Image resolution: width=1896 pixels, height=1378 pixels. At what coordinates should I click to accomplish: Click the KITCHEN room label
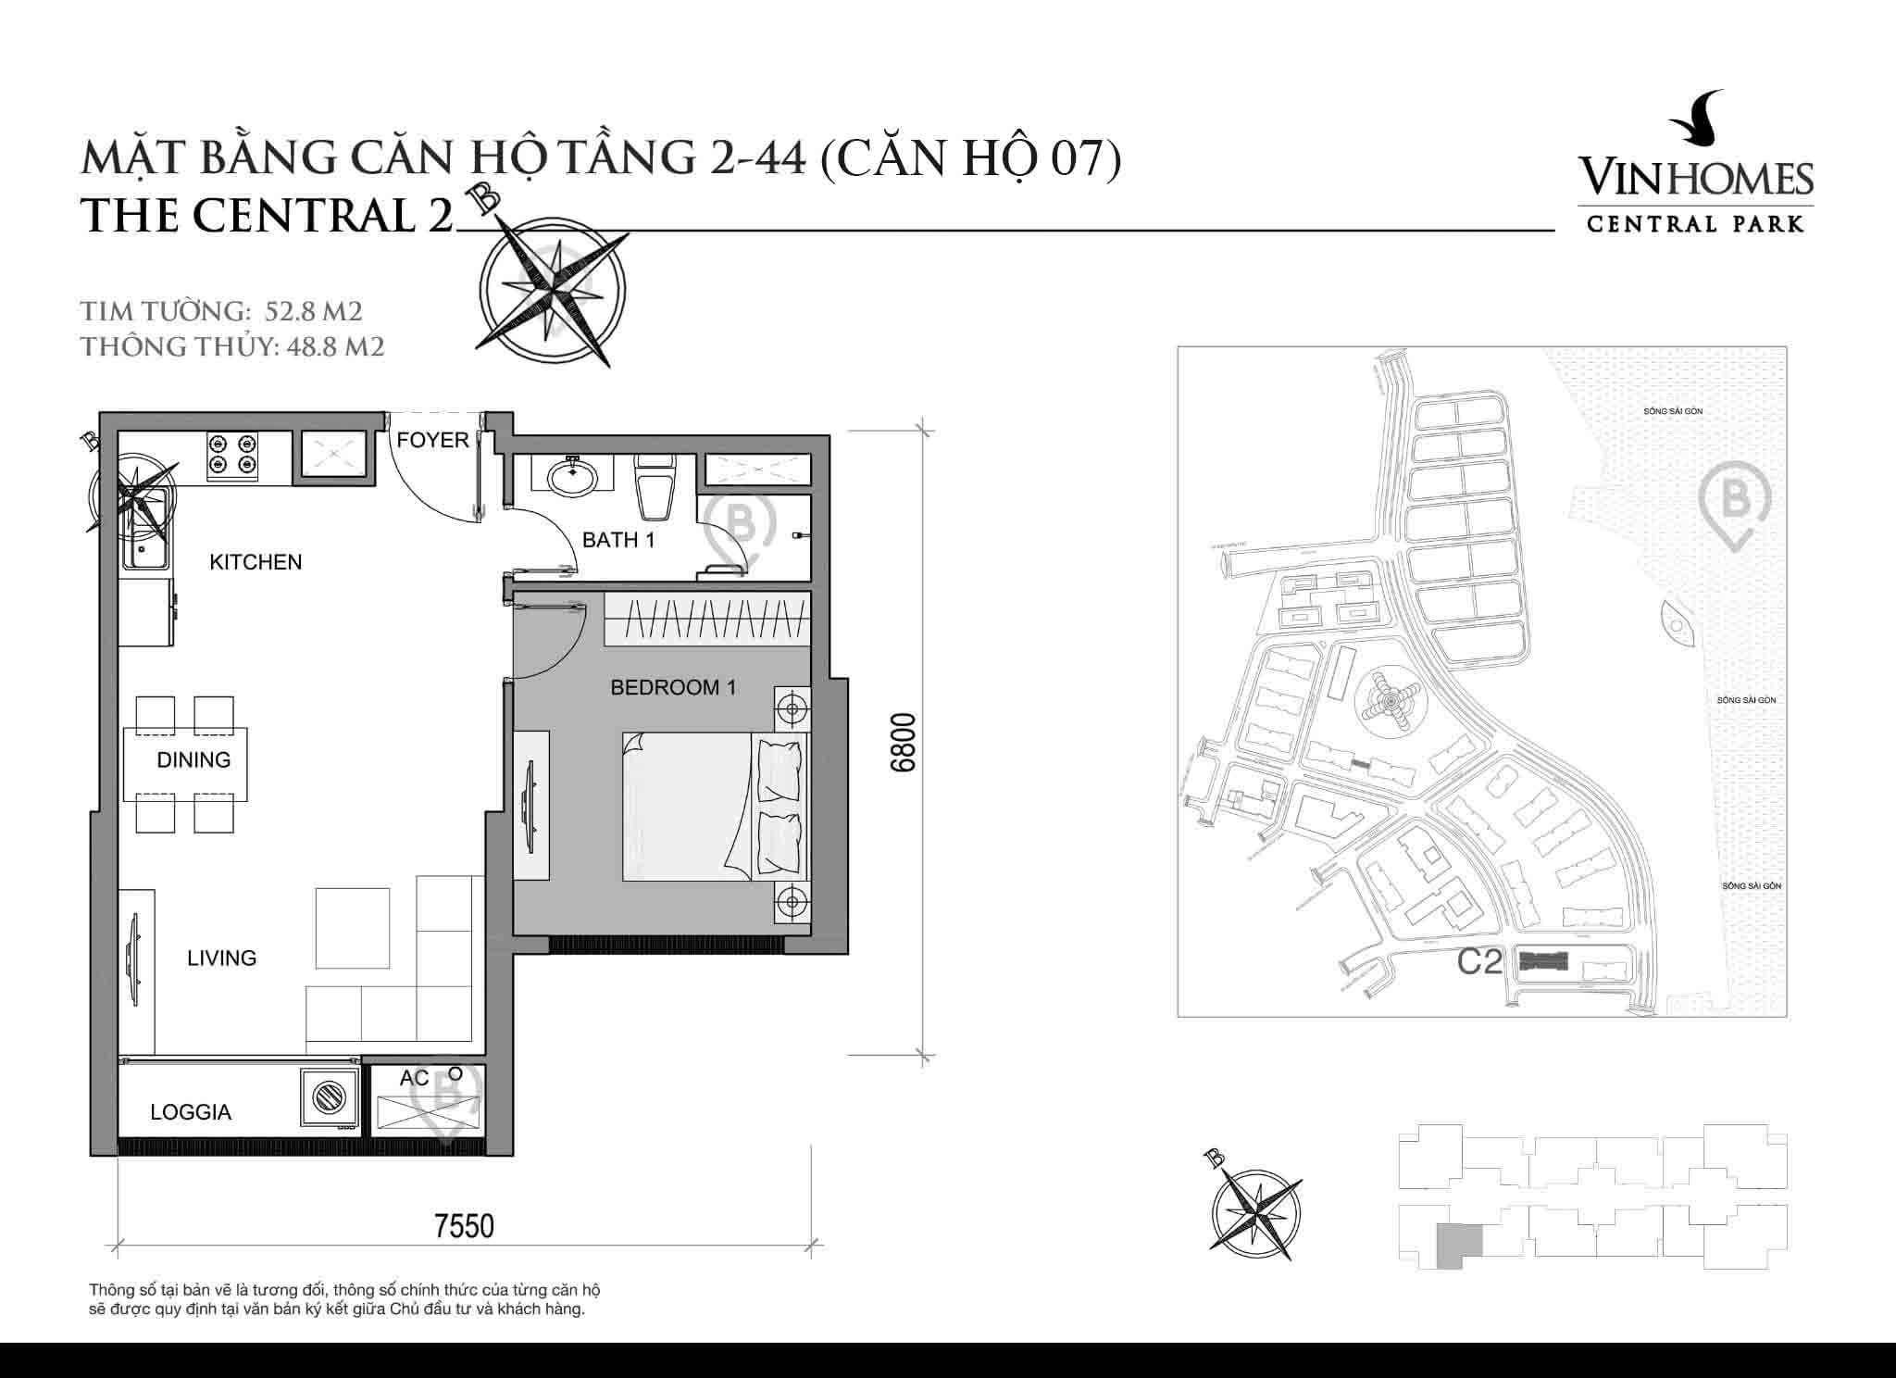click(256, 562)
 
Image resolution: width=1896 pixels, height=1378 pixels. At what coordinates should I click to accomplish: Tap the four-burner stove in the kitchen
click(232, 454)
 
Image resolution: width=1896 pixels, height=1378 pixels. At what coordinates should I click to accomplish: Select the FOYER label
click(432, 440)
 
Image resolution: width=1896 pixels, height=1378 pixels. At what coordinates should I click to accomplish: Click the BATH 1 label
click(618, 540)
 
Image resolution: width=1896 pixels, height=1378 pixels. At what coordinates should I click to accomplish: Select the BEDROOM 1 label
click(673, 687)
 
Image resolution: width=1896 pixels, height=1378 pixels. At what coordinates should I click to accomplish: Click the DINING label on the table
click(193, 760)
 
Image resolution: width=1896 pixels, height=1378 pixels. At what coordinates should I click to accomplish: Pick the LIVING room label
click(222, 958)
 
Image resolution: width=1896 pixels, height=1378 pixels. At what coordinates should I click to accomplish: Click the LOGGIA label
click(191, 1112)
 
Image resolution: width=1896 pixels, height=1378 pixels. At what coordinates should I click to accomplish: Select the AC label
click(414, 1078)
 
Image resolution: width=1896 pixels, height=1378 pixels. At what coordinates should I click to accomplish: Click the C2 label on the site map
click(1479, 963)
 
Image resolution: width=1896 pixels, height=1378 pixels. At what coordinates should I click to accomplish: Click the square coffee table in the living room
click(352, 928)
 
